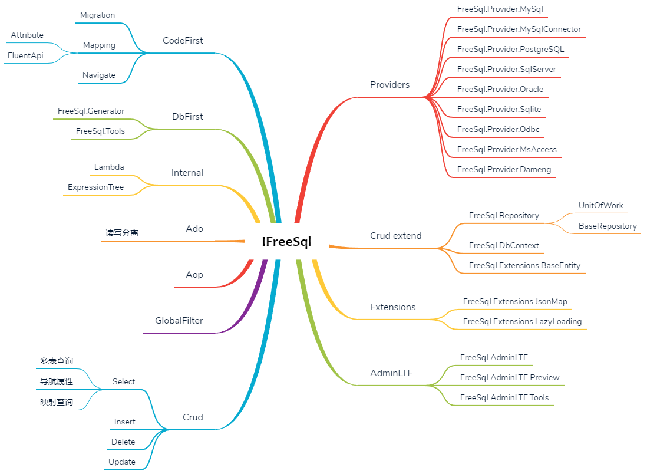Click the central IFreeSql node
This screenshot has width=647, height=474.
[x=286, y=241]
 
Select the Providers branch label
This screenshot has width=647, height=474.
[x=389, y=85]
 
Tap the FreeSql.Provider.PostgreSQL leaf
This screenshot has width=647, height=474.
[x=510, y=49]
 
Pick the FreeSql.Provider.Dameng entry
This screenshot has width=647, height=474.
[x=504, y=169]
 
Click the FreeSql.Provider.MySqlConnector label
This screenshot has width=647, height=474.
[x=519, y=29]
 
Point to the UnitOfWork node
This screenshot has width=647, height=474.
[x=601, y=205]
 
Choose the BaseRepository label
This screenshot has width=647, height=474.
[x=608, y=226]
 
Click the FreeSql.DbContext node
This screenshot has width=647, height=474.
[x=504, y=245]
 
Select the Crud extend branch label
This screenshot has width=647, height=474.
[x=396, y=236]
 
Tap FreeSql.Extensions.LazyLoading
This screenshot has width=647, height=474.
[x=522, y=321]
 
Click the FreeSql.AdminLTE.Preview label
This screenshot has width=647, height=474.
[x=510, y=377]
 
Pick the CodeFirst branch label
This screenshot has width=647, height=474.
[x=183, y=41]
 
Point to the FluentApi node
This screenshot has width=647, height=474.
[x=25, y=55]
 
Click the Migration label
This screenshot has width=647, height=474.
[x=97, y=15]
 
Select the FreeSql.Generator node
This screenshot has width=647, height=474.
[x=91, y=111]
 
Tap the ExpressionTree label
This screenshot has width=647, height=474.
[x=95, y=187]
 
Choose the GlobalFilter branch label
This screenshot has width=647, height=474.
[x=179, y=321]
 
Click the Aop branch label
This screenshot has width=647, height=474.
[x=194, y=275]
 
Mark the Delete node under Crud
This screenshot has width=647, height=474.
[x=123, y=442]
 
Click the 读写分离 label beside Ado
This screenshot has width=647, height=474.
[x=122, y=233]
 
